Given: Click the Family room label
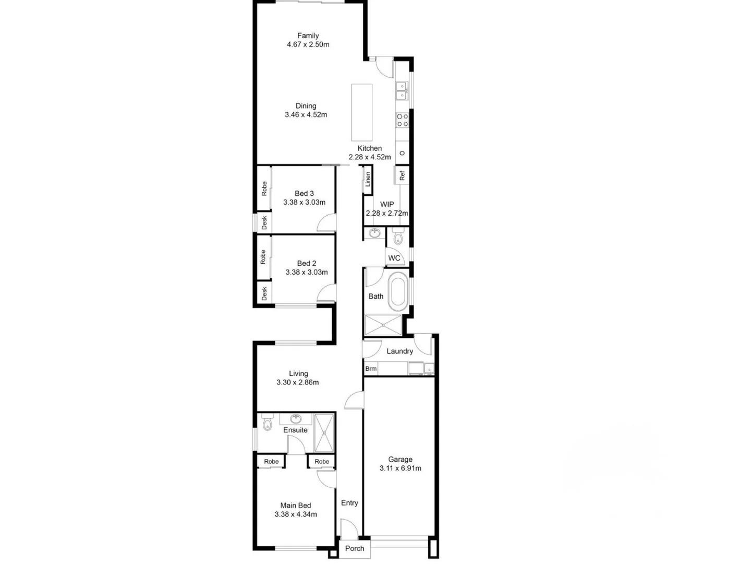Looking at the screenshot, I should tap(308, 36).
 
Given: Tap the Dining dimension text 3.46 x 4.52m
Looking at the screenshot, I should tap(306, 115).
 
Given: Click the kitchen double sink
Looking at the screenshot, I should tap(402, 91).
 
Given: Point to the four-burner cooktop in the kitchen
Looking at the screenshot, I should tap(402, 120).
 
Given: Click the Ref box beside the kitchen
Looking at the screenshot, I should tap(402, 175).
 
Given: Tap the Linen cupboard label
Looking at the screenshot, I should tap(368, 179).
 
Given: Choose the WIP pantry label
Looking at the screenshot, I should tap(386, 204).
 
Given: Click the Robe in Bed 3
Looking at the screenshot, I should tap(264, 189).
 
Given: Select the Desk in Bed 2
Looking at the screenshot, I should tap(264, 293).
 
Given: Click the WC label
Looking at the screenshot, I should tap(394, 258).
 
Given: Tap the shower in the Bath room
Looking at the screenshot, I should tap(383, 325).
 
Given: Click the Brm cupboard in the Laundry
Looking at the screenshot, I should tap(371, 369).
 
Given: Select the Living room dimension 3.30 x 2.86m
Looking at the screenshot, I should tap(297, 382).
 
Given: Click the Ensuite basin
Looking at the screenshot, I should tap(296, 419).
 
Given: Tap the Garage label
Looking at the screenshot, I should tap(400, 460).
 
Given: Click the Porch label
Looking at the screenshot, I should tap(355, 548).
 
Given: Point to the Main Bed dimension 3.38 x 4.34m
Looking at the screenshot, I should tap(296, 514).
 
